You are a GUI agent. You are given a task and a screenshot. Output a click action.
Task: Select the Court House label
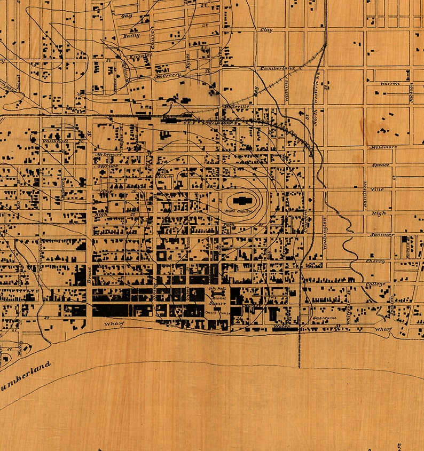coord(217,312)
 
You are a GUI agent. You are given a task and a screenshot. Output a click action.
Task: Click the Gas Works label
coord(323,318)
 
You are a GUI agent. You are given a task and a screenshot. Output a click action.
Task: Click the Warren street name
coord(389,84)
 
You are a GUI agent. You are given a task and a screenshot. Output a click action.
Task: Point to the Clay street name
coord(265,30)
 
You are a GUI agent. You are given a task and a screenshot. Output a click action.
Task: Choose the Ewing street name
coord(131,36)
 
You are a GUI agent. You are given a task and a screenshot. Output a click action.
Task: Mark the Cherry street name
coord(376,262)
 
